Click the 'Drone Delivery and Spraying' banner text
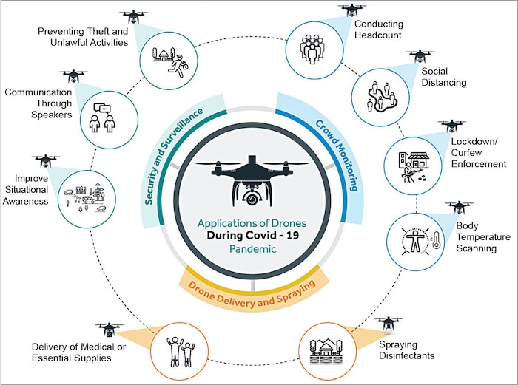point(251,285)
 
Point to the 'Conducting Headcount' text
point(378,29)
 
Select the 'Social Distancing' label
point(444,77)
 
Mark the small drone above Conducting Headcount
point(352,10)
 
